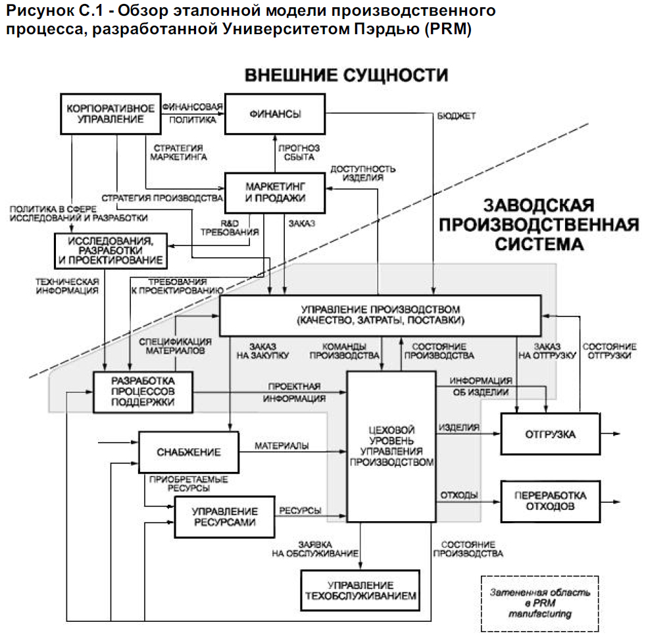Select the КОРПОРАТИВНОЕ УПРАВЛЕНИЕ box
pos(110,114)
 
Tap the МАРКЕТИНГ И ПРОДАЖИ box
pos(275,191)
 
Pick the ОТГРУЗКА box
pos(550,434)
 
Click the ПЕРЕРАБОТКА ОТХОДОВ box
pos(550,501)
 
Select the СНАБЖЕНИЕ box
pos(188,452)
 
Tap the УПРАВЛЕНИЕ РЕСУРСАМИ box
pos(224,517)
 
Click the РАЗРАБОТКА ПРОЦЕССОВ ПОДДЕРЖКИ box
pos(143,392)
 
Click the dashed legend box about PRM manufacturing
pos(539,601)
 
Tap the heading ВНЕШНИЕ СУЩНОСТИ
pos(346,74)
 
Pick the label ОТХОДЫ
pos(458,495)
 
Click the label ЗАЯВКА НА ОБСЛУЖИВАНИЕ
pos(305,549)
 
